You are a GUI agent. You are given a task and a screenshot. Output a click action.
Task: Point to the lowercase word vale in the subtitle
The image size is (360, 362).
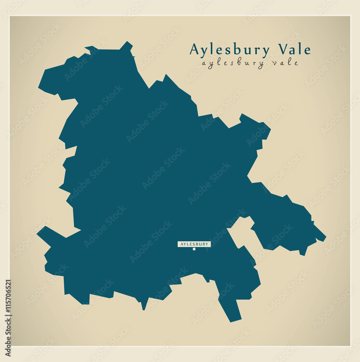click(x=285, y=63)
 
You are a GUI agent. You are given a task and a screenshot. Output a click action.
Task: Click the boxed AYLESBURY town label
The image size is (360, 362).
click(x=194, y=244)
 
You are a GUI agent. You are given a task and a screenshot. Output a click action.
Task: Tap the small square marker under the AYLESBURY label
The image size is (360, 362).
click(x=194, y=249)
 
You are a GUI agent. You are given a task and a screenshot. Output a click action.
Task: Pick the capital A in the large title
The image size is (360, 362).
click(x=194, y=49)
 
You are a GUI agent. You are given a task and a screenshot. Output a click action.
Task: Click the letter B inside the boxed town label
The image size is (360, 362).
click(x=197, y=244)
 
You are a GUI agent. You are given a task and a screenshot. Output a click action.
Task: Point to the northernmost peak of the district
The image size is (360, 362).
click(x=127, y=42)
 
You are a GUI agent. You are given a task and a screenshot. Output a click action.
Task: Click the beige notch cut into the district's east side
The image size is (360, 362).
click(x=241, y=232)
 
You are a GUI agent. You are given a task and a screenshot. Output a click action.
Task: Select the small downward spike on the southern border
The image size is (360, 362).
click(x=144, y=308)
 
